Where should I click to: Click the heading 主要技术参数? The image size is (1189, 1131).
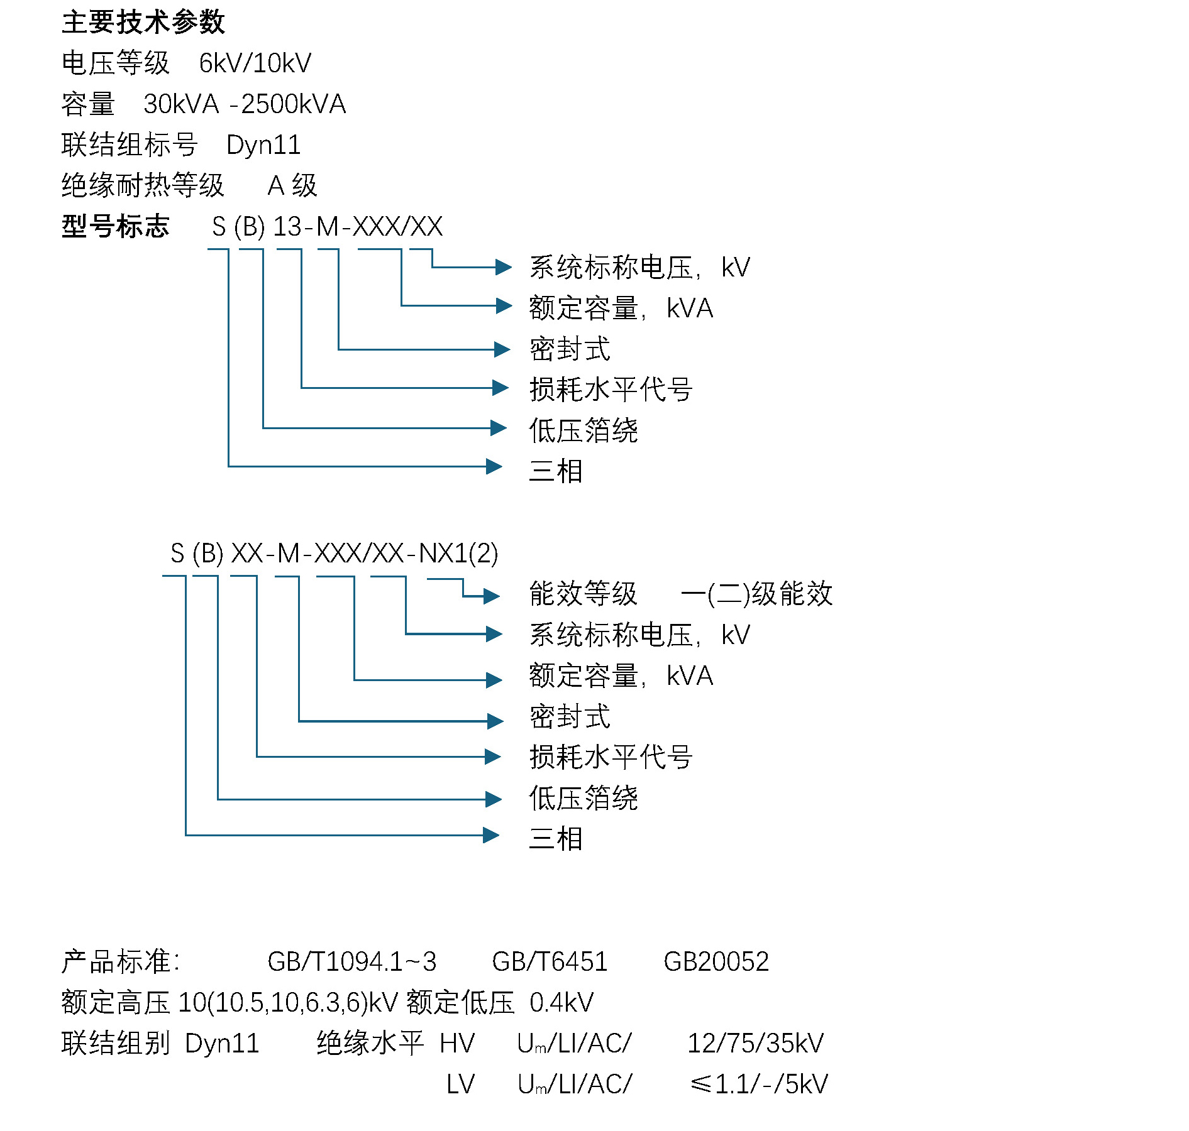click(143, 23)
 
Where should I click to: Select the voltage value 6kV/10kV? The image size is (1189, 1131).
click(255, 63)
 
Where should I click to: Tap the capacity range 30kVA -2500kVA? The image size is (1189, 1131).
click(244, 104)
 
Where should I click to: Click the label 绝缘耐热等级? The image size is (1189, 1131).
click(143, 185)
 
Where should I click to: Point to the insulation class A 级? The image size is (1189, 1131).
click(292, 185)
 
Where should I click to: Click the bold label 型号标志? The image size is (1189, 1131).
click(116, 226)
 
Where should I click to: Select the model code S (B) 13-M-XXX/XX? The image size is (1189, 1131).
click(327, 227)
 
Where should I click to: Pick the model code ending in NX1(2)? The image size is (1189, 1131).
click(334, 554)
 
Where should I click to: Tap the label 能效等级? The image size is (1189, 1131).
click(583, 594)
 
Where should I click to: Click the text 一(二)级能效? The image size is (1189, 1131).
click(756, 594)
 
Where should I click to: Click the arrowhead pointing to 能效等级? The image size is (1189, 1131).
click(491, 596)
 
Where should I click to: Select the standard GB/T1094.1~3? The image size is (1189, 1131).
click(351, 962)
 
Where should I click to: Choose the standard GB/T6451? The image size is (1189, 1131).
click(550, 962)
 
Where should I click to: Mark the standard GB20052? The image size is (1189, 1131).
click(716, 962)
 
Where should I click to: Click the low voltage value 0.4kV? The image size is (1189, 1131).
click(561, 1003)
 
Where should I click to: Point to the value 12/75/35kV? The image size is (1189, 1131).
click(755, 1044)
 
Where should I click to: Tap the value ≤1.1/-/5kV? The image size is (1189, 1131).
click(759, 1085)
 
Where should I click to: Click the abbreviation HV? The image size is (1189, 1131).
click(457, 1044)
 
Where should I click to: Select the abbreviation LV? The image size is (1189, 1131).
click(460, 1085)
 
